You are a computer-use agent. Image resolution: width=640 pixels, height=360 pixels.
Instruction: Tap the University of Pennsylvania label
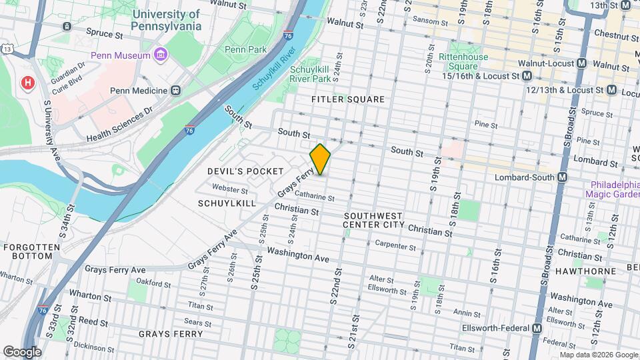166,20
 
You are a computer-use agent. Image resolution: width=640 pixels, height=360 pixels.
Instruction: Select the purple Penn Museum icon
160,55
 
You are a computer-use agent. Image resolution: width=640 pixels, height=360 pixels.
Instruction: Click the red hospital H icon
28,83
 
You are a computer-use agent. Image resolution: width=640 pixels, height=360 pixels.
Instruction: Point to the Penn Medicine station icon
176,90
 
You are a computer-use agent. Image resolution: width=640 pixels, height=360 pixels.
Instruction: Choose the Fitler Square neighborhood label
348,99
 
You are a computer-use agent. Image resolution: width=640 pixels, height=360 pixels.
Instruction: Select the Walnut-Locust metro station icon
581,64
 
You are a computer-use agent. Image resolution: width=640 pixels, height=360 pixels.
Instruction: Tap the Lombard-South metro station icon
562,177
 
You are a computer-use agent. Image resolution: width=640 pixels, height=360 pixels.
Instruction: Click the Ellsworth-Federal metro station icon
537,328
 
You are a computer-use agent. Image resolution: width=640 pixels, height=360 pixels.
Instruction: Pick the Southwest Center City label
373,221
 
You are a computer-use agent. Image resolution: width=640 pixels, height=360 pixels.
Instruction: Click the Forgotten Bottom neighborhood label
32,252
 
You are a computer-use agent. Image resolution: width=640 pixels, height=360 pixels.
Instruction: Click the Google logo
22,351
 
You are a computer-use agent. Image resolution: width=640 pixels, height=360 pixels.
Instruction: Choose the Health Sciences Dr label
120,125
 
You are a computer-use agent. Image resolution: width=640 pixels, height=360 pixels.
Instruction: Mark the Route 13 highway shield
7,49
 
